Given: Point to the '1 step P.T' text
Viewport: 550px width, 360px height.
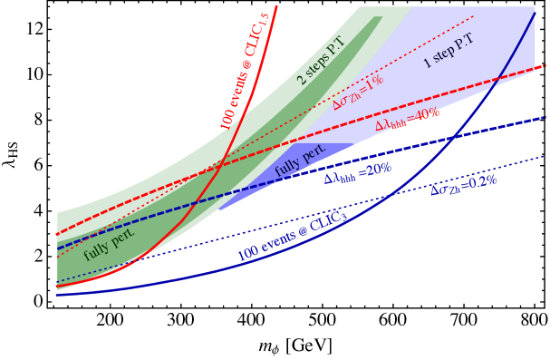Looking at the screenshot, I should tap(449, 52).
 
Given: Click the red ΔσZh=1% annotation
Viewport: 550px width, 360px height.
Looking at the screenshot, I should tap(358, 92).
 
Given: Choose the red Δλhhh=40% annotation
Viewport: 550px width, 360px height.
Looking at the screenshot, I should tap(407, 120).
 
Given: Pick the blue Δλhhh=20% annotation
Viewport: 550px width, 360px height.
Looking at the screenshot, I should tap(358, 173).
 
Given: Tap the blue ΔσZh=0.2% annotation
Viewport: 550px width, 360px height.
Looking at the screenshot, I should tap(463, 185).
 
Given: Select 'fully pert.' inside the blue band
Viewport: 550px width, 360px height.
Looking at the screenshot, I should tap(300, 161).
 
